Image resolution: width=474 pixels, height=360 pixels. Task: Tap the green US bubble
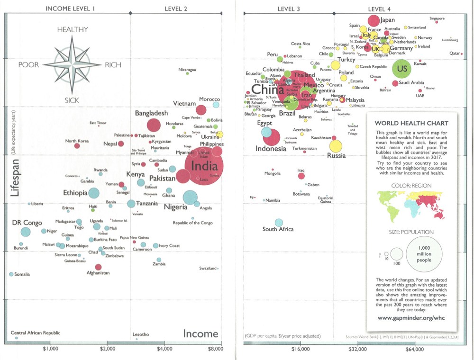401,69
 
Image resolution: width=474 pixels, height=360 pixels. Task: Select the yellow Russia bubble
336,146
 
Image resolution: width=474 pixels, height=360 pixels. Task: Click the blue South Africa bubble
278,222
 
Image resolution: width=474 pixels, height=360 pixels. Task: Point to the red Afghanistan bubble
99,267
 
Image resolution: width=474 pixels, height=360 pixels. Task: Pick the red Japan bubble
374,20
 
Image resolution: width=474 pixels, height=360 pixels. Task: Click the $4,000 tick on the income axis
164,349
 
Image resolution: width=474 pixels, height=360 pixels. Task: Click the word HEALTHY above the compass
73,29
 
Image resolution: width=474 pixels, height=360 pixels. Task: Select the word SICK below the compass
73,100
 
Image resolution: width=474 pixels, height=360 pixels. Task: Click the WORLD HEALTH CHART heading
411,124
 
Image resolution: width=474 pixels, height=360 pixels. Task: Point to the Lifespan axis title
15,178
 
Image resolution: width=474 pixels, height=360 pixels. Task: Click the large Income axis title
201,334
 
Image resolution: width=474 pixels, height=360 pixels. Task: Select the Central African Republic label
36,333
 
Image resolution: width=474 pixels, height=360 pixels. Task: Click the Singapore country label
437,18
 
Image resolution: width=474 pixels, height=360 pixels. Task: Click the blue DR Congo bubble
26,232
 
